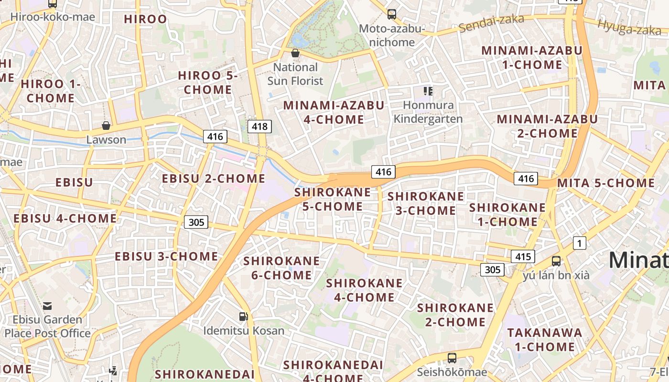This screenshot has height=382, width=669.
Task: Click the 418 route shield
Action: tap(260, 127)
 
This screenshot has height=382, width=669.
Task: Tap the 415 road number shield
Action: tap(523, 256)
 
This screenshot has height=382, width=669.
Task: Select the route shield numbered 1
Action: tap(580, 244)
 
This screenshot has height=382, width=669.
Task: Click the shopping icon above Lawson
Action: tap(106, 126)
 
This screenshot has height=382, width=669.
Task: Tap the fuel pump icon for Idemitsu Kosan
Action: tap(243, 316)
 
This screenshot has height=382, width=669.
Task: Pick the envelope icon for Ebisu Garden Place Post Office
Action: tap(47, 306)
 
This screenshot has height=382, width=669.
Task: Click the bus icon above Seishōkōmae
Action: tap(452, 358)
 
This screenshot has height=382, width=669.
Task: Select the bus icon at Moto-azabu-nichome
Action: tap(392, 14)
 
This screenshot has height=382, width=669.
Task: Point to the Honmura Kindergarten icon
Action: tap(428, 91)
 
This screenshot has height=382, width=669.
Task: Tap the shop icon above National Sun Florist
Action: tap(295, 53)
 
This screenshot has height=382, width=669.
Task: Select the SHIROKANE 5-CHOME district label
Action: tap(333, 200)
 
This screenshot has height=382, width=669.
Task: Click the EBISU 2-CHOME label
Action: tap(214, 179)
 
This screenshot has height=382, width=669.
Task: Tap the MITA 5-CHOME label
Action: tap(606, 183)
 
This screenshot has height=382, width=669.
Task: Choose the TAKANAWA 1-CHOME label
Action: tap(545, 340)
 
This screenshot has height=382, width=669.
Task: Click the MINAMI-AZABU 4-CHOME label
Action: tap(334, 112)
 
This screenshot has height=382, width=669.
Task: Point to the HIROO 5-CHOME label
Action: tap(208, 83)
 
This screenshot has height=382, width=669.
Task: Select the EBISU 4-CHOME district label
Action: tap(65, 219)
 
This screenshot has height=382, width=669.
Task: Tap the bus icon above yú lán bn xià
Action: tap(556, 261)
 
